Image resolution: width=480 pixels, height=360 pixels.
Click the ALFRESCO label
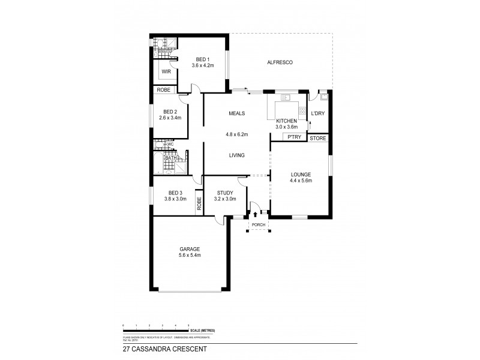click(280, 62)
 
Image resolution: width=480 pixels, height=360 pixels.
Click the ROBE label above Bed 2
click(164, 90)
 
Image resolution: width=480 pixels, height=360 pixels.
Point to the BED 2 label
click(170, 112)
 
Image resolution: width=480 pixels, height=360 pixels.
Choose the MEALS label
click(235, 113)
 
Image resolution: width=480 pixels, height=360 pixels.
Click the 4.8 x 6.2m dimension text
click(235, 135)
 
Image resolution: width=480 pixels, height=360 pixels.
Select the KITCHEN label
click(286, 121)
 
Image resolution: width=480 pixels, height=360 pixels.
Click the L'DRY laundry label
click(317, 113)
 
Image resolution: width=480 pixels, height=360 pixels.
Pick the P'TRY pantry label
click(293, 138)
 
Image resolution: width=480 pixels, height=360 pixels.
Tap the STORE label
click(317, 138)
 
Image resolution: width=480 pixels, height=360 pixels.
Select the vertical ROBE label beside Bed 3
click(199, 203)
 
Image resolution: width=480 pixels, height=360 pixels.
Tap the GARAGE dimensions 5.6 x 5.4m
click(189, 255)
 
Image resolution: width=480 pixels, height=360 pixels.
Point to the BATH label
click(163, 158)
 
